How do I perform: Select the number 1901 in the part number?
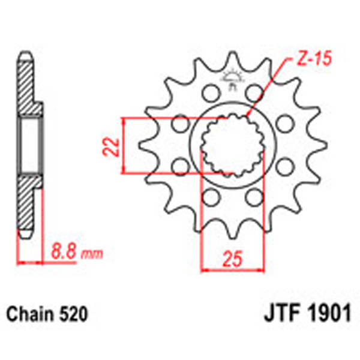328,315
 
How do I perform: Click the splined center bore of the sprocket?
232,145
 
